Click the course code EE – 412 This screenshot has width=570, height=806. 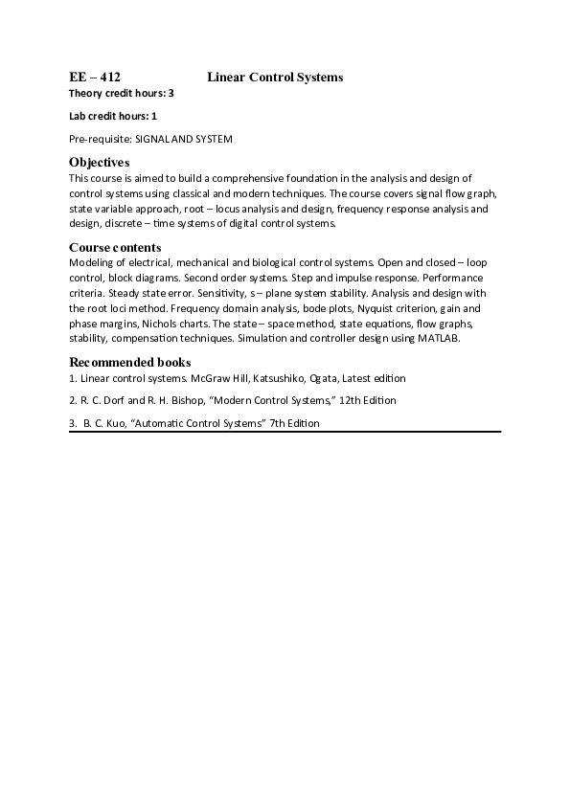point(94,77)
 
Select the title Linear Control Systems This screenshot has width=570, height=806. point(275,77)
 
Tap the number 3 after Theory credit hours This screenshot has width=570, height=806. point(171,93)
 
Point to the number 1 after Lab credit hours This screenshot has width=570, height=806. point(154,116)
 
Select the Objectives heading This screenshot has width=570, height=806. point(100,162)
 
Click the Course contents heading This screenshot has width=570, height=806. point(115,247)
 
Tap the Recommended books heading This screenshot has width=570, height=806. point(129,362)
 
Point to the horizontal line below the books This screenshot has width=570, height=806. point(285,432)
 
